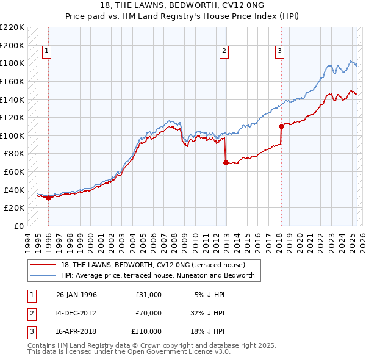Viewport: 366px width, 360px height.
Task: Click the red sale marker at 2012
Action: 226,162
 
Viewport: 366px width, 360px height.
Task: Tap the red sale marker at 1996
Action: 48,198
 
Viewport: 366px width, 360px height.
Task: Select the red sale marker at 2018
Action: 281,127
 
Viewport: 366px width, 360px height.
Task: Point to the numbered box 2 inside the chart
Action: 224,52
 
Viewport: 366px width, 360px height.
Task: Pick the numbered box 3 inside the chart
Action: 279,52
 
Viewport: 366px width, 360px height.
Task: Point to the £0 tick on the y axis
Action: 19,226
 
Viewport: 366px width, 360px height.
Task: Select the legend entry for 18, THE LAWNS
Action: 152,265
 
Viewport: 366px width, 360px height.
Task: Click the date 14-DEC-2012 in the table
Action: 76,313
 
